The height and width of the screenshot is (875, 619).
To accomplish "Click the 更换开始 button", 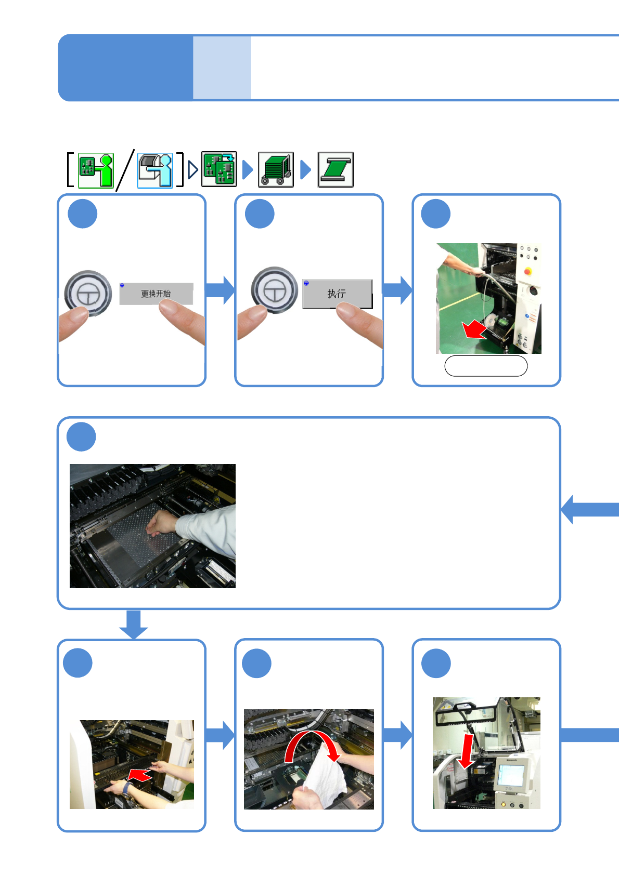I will pos(156,294).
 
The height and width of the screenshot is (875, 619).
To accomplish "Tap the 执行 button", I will pos(337,294).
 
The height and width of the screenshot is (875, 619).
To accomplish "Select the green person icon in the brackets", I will pos(96,170).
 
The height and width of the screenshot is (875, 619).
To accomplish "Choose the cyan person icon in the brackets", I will pos(155,170).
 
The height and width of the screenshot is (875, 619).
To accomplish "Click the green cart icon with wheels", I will pos(276,169).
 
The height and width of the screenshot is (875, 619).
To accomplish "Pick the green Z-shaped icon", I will pos(336,169).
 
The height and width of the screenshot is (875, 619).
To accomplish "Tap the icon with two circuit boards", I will pos(219,169).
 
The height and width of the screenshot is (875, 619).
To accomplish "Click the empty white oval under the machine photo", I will pos(486,366).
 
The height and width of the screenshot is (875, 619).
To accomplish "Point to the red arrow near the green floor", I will pos(474,329).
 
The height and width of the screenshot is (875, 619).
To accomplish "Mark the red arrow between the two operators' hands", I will pos(139,775).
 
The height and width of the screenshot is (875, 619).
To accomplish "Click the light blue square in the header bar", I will pos(222,68).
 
